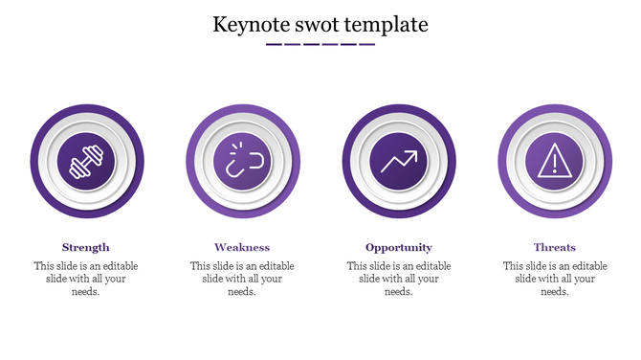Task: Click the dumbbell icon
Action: click(x=86, y=161)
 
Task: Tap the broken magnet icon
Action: click(x=242, y=161)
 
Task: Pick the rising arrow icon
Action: click(x=399, y=161)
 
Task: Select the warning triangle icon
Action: click(x=555, y=161)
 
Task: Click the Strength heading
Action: click(x=86, y=247)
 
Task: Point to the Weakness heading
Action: click(x=242, y=247)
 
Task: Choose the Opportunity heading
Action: click(x=399, y=247)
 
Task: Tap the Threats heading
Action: click(x=555, y=247)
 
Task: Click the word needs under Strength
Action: click(x=86, y=292)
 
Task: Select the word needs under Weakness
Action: click(x=242, y=292)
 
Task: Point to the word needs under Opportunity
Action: click(x=399, y=292)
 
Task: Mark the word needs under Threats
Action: click(x=555, y=292)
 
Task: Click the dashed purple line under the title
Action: click(x=320, y=44)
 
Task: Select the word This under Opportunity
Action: click(x=358, y=266)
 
